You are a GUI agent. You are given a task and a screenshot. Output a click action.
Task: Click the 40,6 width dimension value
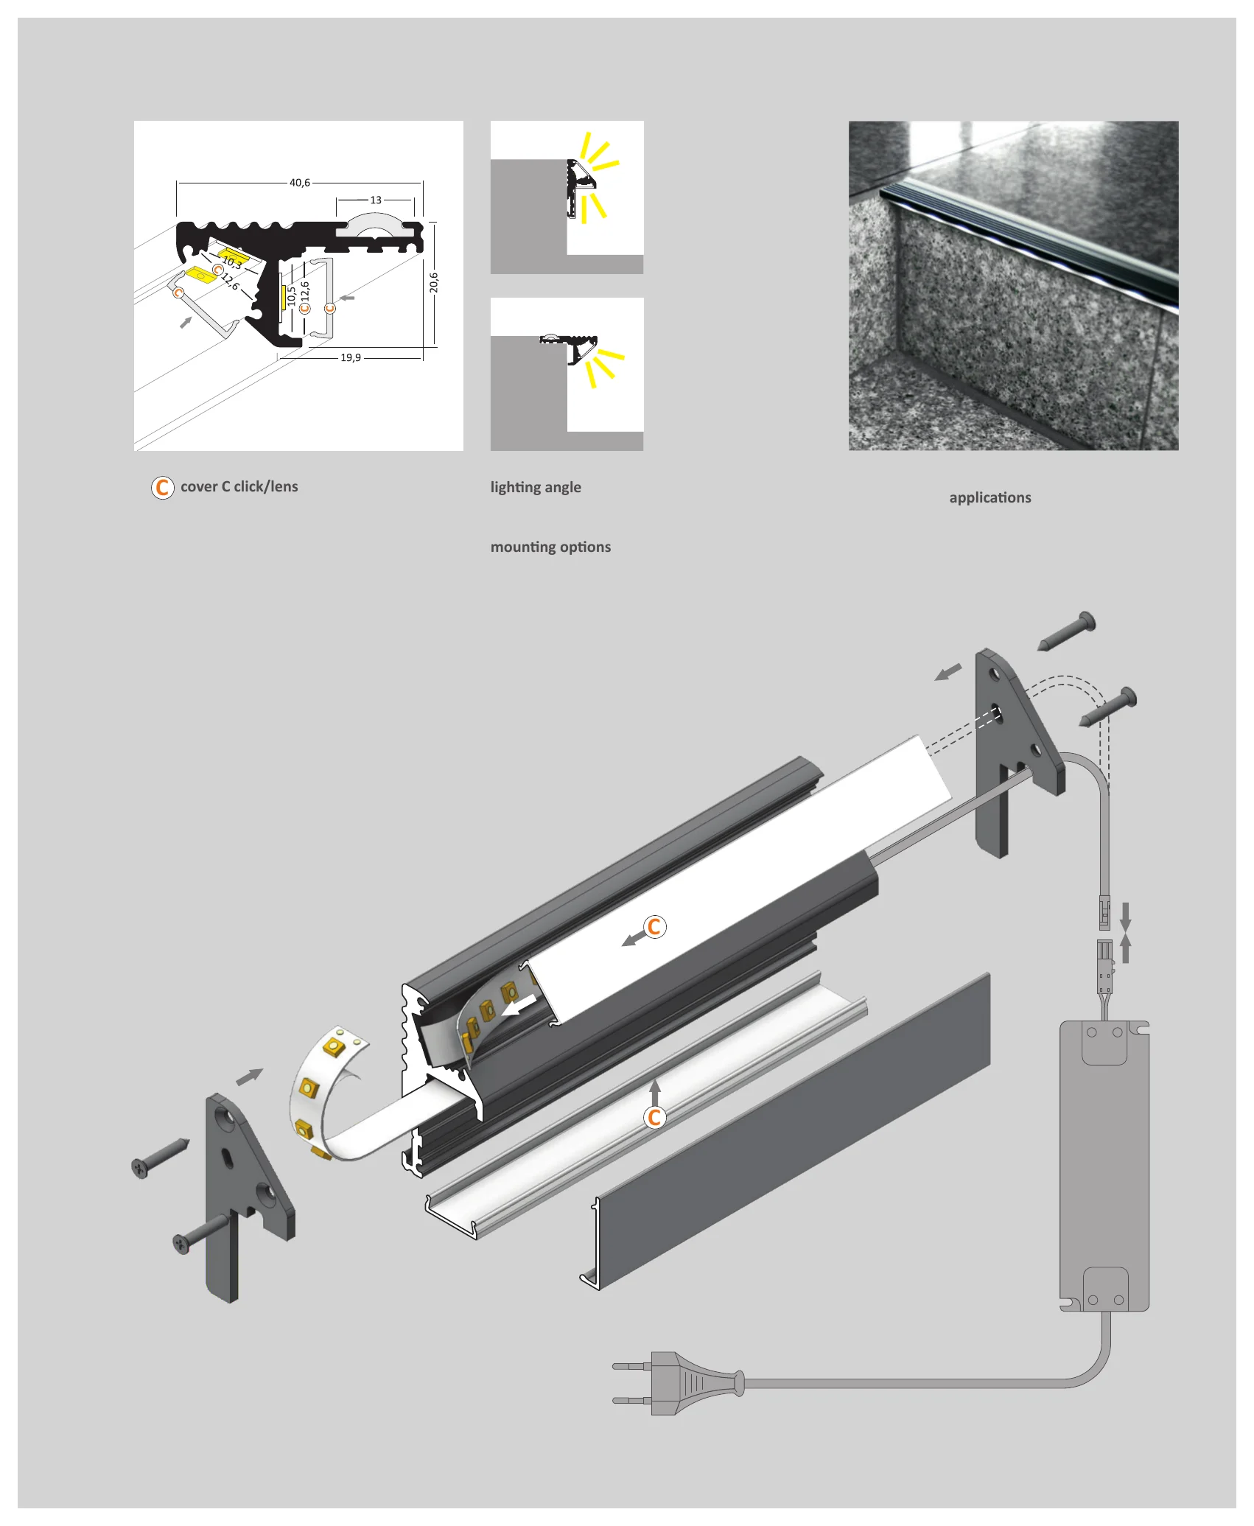300,182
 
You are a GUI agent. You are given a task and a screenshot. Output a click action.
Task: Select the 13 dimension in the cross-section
376,200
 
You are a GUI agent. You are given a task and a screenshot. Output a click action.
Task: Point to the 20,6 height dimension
434,282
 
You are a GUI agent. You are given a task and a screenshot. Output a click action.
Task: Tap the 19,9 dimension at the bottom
351,357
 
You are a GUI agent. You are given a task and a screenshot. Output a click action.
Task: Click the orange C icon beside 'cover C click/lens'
162,487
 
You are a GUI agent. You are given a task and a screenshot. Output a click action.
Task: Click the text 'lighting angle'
536,487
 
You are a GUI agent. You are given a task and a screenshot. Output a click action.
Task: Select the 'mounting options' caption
550,547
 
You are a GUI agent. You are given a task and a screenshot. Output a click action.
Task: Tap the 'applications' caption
990,497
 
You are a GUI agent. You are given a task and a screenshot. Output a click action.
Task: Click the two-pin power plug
678,1383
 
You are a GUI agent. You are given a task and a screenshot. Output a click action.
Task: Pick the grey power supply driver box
1104,1166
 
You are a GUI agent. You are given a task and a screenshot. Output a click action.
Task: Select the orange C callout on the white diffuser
654,927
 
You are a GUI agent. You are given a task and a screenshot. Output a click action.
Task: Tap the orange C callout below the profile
654,1118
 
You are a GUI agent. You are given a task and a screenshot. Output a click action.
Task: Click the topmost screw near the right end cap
1066,631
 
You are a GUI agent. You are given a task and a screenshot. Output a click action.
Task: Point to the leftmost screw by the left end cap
159,1158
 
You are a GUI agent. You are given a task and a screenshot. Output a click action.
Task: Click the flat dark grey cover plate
792,1131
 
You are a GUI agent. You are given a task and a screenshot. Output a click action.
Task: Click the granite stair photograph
1013,286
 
